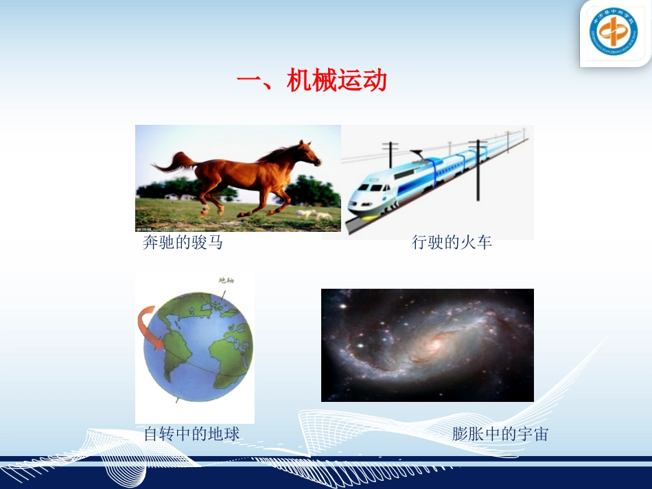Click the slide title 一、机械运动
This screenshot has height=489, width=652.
click(312, 82)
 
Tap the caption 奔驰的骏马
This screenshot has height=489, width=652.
click(183, 242)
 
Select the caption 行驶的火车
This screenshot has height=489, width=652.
click(452, 242)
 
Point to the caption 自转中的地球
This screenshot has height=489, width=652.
click(192, 433)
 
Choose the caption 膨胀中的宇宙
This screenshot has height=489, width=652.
click(500, 433)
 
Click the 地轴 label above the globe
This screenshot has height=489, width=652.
click(226, 280)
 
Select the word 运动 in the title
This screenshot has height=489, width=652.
click(362, 82)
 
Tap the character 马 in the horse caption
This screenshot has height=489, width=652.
click(216, 242)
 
